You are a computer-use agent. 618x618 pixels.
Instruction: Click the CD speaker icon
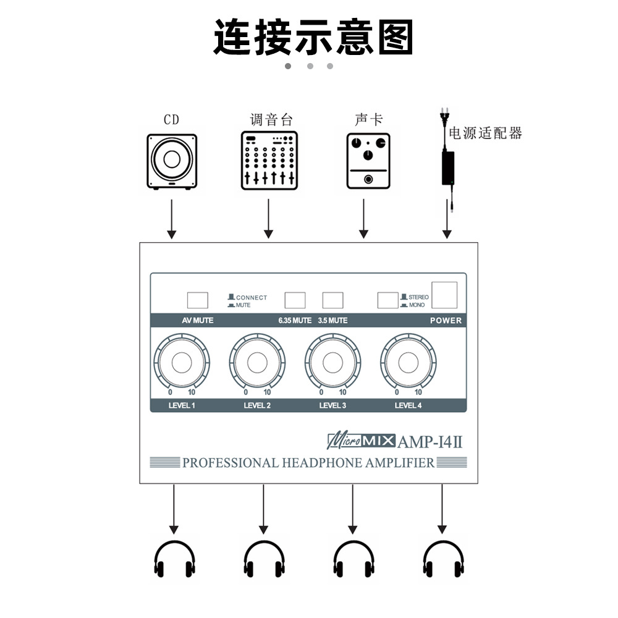click(172, 161)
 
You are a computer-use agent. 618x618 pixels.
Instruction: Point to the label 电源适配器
click(485, 133)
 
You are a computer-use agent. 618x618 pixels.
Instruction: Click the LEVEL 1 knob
click(182, 363)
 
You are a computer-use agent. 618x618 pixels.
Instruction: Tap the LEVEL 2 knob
click(257, 363)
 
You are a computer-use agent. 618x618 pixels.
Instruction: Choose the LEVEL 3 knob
click(332, 363)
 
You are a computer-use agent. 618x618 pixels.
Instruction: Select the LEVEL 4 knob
click(408, 363)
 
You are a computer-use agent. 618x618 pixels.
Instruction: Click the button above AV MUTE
click(198, 300)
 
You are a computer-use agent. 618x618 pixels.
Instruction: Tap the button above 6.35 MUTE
click(295, 300)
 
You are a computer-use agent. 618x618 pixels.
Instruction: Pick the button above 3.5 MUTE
click(332, 300)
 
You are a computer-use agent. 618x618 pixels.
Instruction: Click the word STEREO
click(418, 297)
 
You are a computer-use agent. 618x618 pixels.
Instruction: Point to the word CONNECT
click(252, 297)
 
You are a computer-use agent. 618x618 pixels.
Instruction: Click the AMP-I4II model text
click(430, 442)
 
